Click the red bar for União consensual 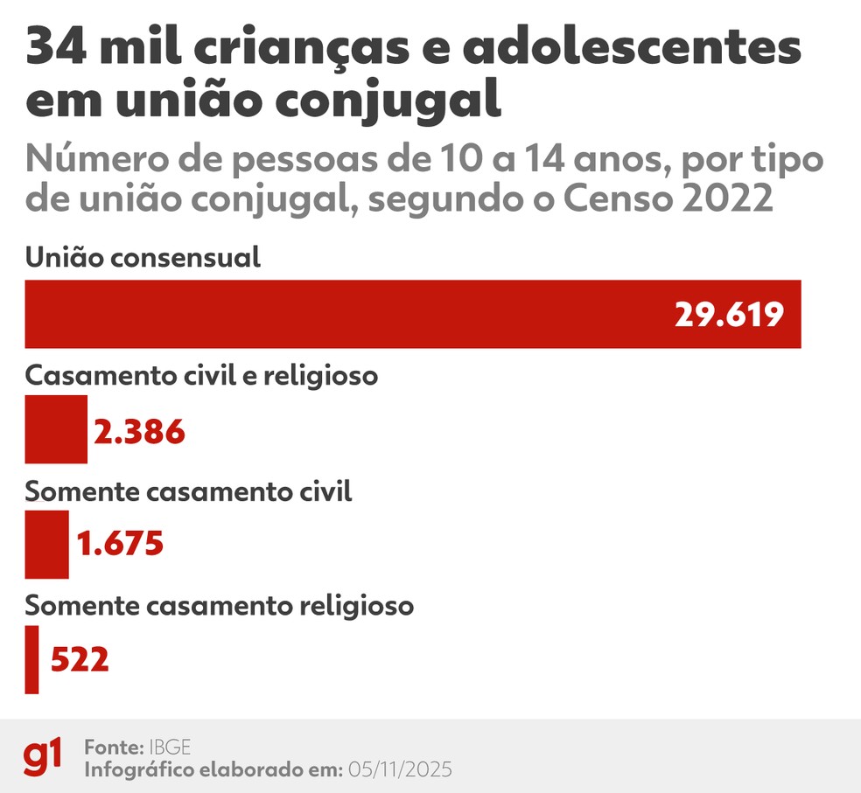click(x=350, y=314)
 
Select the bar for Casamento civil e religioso click(x=56, y=429)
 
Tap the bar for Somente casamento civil click(x=46, y=545)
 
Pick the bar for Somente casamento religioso click(x=31, y=659)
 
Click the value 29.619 click(x=728, y=315)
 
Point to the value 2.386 click(x=140, y=431)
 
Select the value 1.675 click(x=121, y=545)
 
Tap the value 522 click(x=80, y=660)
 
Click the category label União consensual click(x=143, y=258)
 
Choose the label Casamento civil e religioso click(x=201, y=375)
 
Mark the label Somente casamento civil click(x=188, y=491)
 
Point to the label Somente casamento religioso click(x=219, y=606)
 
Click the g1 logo click(x=43, y=756)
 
